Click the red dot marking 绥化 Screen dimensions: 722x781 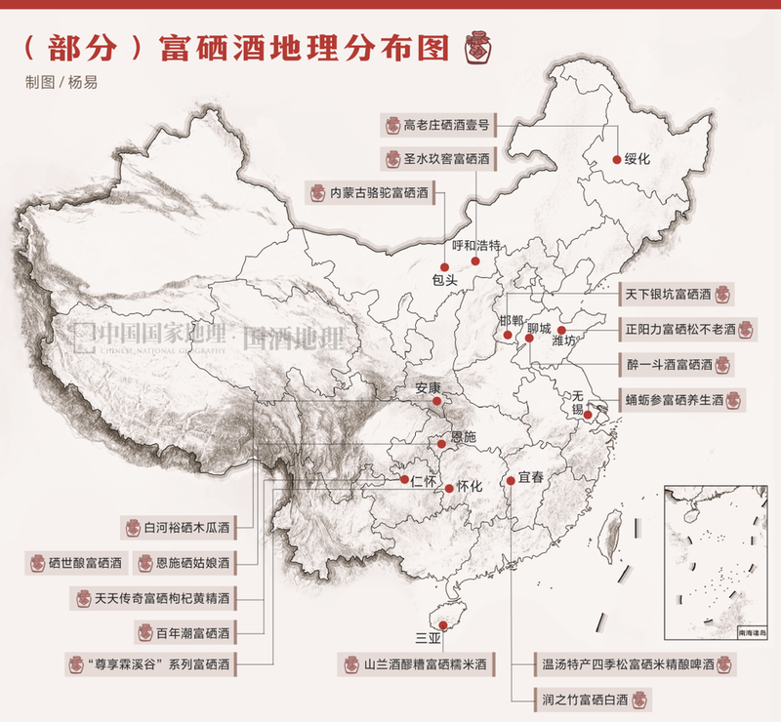tap(616, 159)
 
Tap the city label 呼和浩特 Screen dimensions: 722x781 tap(477, 246)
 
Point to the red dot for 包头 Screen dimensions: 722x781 tap(444, 266)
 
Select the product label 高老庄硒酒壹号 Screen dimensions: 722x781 tap(440, 125)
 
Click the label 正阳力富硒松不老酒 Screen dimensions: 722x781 tap(688, 329)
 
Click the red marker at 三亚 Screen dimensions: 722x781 tap(442, 625)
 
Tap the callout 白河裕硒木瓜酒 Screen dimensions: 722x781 tap(186, 529)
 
